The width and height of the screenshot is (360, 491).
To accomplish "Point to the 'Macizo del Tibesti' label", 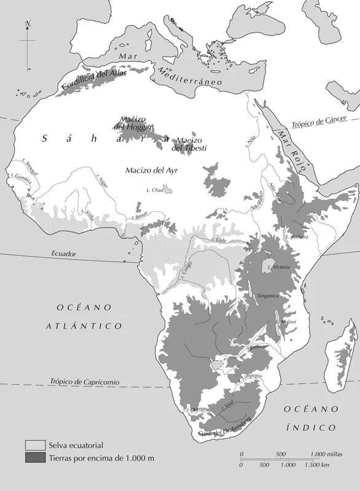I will click(189, 144).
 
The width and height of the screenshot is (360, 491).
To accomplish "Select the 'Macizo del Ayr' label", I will click(150, 170).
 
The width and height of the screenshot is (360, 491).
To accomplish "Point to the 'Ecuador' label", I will click(65, 253).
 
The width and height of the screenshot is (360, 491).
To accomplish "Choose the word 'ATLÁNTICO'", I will click(84, 326).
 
